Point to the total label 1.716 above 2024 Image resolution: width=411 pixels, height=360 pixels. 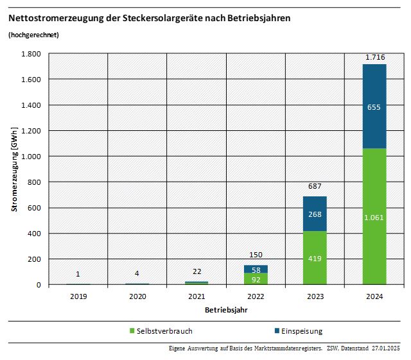coord(375,57)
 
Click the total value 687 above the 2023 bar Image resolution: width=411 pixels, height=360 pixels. coord(315,186)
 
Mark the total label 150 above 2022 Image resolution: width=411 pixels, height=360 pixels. coord(256,255)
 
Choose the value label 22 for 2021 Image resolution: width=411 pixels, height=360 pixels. coord(197,272)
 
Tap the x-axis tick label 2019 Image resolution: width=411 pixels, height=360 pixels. coord(78,296)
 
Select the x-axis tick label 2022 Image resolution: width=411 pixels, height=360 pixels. coord(256,296)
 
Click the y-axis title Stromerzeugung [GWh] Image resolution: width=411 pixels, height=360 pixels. coord(13,169)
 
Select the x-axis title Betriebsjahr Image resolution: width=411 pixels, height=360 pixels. coord(226,309)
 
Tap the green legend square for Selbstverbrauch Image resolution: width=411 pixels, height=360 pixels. coord(132,331)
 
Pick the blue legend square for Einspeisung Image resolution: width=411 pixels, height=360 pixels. coord(277,331)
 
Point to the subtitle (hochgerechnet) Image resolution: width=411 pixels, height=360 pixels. coord(33,34)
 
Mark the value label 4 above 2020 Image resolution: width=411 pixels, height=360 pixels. coord(137,273)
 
